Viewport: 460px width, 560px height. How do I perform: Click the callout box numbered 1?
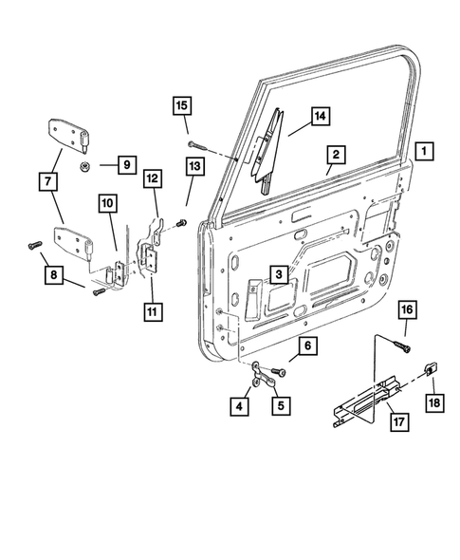coord(424,150)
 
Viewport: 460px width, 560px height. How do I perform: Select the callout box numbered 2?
coord(335,154)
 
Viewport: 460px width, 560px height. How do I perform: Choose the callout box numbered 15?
coord(181,104)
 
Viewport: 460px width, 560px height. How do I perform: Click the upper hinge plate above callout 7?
coord(66,134)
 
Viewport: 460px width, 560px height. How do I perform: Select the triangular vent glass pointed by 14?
coord(267,142)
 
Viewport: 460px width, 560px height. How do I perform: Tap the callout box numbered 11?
coord(152,310)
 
